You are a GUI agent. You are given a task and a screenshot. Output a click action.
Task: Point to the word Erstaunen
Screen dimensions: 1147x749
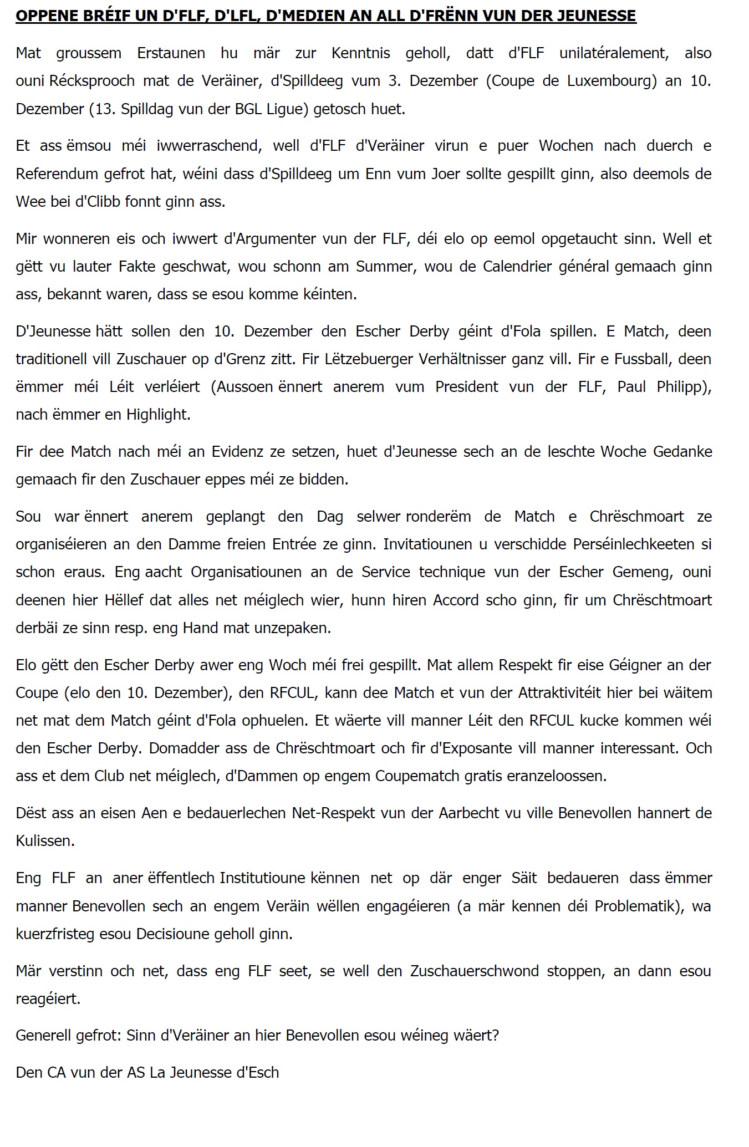pos(171,53)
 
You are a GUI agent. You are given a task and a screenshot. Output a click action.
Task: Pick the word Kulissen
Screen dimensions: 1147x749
pos(45,841)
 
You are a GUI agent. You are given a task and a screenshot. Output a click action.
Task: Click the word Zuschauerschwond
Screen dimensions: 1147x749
pos(475,971)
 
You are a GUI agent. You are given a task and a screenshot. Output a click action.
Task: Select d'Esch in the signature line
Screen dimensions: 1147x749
pos(258,1073)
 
